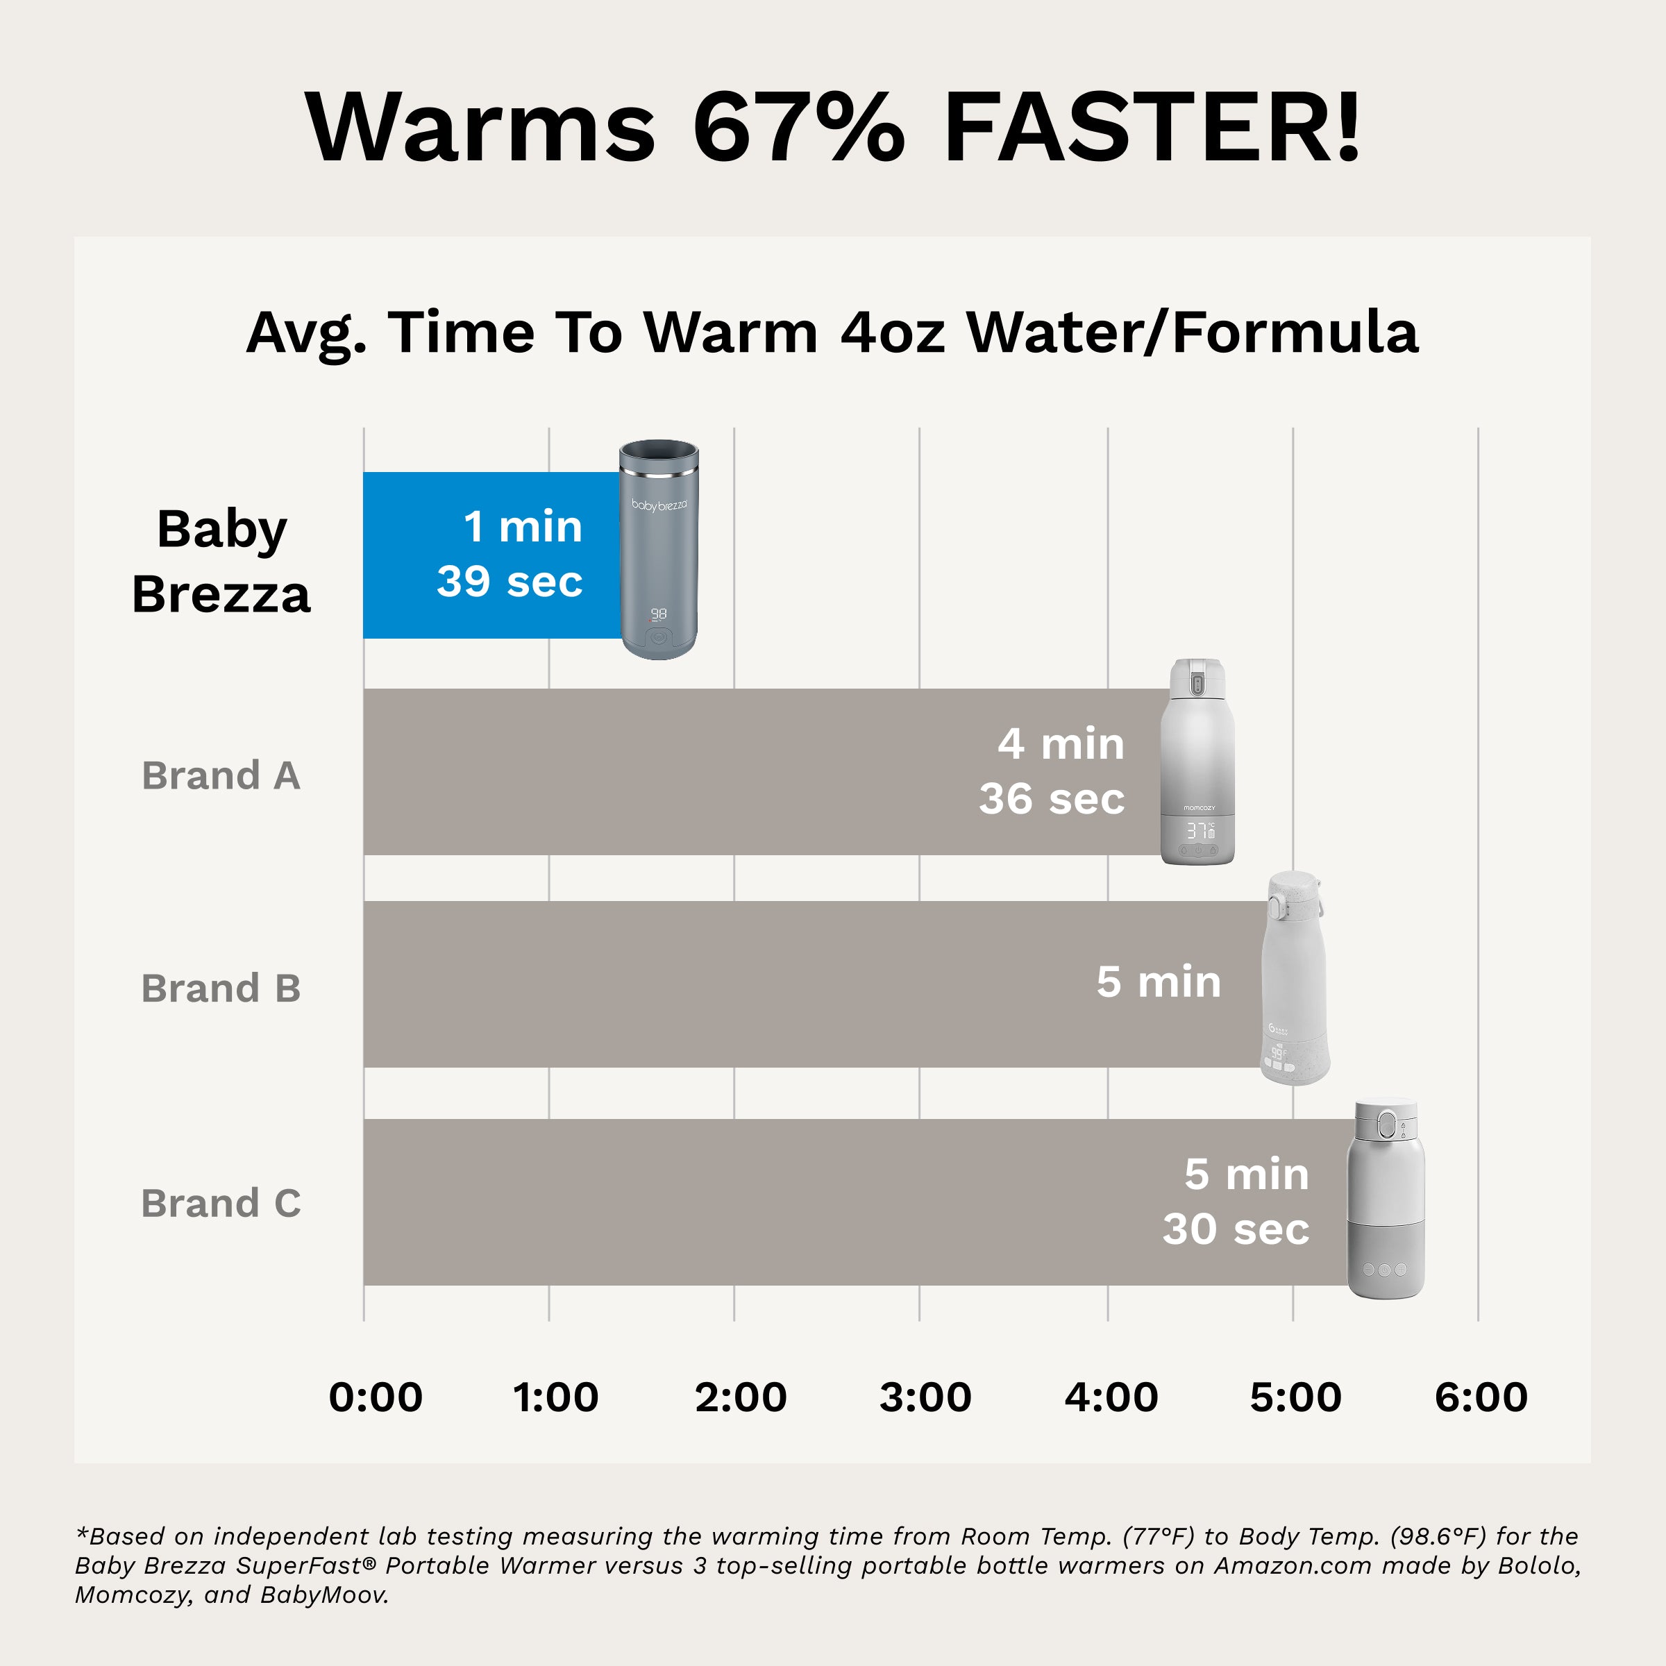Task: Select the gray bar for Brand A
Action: click(673, 772)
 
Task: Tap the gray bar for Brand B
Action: click(724, 984)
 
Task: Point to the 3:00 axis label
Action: click(925, 1397)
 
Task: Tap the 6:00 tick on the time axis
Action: click(1481, 1397)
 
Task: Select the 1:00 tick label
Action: click(555, 1397)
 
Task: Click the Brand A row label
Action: click(221, 775)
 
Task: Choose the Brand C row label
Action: click(221, 1203)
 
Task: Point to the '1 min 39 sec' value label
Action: click(510, 554)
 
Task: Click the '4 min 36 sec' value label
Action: click(1052, 771)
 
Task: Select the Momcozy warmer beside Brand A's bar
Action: click(1197, 762)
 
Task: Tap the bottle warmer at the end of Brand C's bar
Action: click(1385, 1199)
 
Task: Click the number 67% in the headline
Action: click(798, 128)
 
